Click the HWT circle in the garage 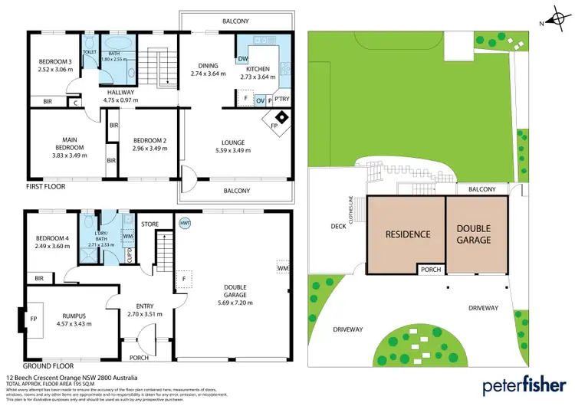[185, 223]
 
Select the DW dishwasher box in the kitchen [242, 59]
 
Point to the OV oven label [260, 100]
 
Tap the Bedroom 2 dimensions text [148, 148]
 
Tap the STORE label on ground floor [149, 224]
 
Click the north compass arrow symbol [554, 18]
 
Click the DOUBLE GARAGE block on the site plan [475, 234]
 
